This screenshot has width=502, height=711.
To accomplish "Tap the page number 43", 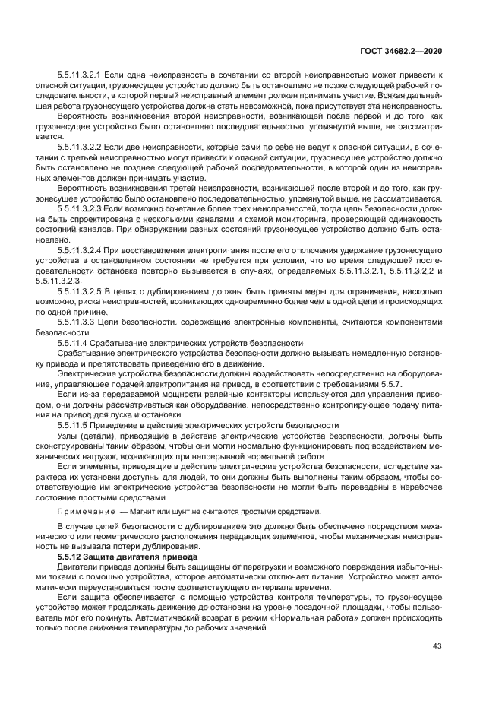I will click(437, 647).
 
